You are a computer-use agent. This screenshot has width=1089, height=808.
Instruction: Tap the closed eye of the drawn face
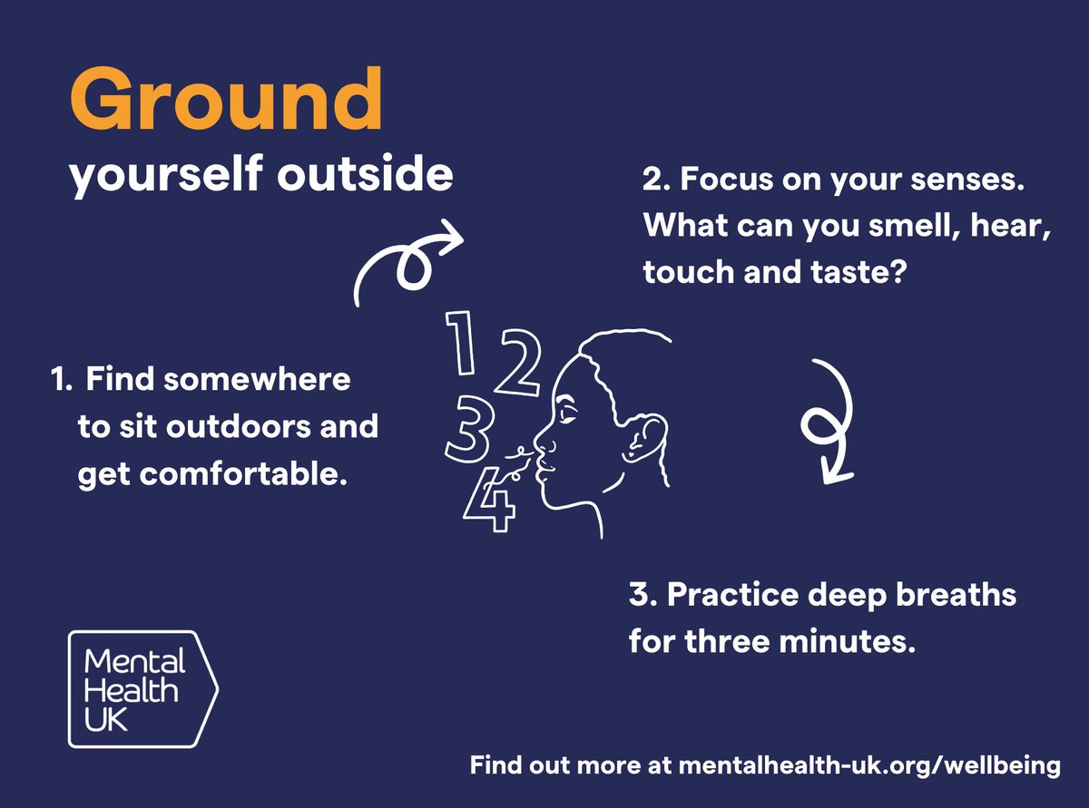point(569,415)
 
